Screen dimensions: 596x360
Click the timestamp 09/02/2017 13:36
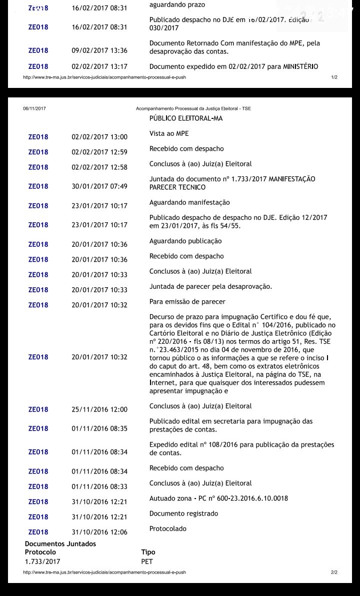pyautogui.click(x=99, y=50)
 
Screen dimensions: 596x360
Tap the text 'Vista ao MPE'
pyautogui.click(x=169, y=134)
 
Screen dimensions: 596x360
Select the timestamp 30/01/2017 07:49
pyautogui.click(x=99, y=186)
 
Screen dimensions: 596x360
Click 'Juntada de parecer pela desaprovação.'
pyautogui.click(x=210, y=287)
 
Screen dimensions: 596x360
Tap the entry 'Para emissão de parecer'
pyautogui.click(x=187, y=302)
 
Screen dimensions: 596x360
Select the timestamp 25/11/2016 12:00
pyautogui.click(x=99, y=410)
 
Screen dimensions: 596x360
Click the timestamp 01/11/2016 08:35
pyautogui.click(x=99, y=429)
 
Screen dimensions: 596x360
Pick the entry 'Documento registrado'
pyautogui.click(x=183, y=514)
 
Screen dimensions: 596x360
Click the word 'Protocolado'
pyautogui.click(x=168, y=529)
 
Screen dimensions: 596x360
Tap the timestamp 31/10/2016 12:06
pyautogui.click(x=99, y=532)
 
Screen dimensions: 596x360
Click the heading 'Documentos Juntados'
pyautogui.click(x=60, y=544)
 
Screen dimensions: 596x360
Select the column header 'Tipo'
pyautogui.click(x=148, y=552)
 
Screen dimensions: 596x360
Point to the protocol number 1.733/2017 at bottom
pyautogui.click(x=42, y=562)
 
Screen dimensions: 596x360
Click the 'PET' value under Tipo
pyautogui.click(x=147, y=562)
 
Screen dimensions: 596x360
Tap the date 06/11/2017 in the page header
pyautogui.click(x=34, y=108)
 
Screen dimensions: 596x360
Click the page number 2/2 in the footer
pyautogui.click(x=334, y=572)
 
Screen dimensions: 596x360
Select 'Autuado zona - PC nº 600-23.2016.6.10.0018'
pyautogui.click(x=218, y=499)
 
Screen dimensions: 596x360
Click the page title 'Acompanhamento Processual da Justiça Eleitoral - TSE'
pyautogui.click(x=193, y=108)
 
